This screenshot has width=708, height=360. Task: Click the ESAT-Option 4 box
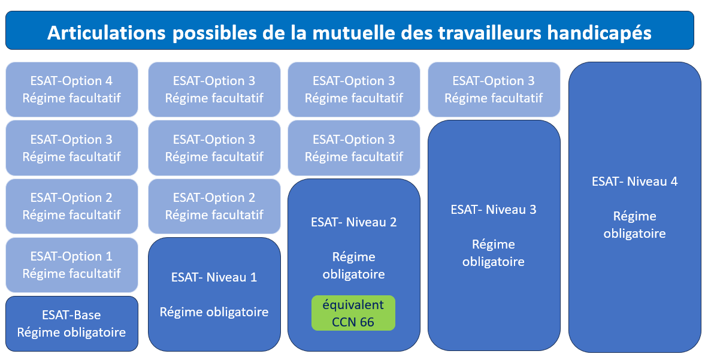click(72, 89)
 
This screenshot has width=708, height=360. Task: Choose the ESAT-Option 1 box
click(72, 265)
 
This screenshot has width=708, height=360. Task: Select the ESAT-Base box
click(72, 323)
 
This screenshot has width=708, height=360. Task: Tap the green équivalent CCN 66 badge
click(353, 313)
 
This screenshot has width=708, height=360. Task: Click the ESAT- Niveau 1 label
click(214, 277)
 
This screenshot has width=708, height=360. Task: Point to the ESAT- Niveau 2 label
click(353, 222)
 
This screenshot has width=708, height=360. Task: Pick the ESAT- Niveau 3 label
click(494, 209)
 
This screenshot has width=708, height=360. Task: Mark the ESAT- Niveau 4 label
click(634, 181)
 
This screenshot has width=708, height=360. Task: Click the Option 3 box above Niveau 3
click(494, 89)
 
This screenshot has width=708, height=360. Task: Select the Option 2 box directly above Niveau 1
click(214, 207)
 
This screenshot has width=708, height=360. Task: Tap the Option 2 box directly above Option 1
click(72, 207)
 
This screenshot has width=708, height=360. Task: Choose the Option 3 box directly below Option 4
click(72, 148)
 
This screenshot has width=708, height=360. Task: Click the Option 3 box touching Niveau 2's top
click(354, 148)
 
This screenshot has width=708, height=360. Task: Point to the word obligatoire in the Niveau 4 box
click(634, 234)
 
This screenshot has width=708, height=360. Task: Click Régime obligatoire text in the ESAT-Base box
click(72, 332)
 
